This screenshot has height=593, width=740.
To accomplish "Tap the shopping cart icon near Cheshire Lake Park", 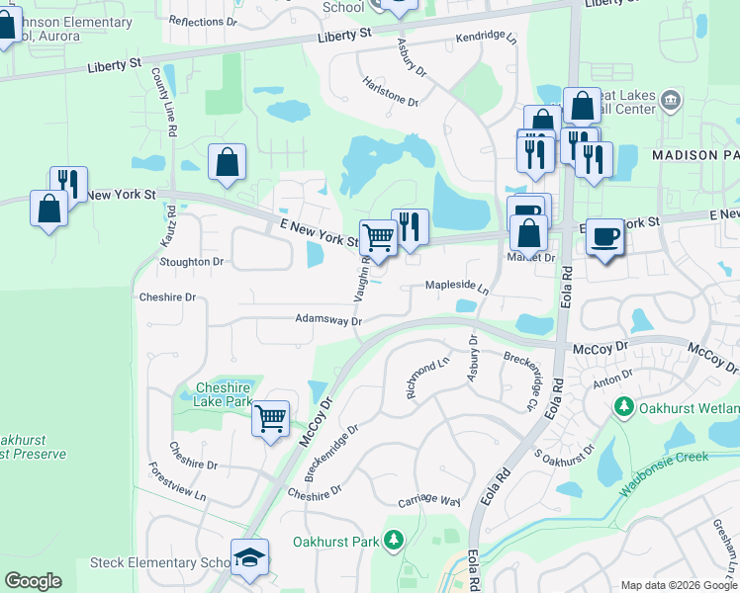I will click(x=270, y=418).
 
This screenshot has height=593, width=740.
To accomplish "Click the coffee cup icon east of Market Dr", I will click(x=605, y=237).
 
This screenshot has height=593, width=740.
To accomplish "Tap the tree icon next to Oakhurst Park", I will click(x=394, y=540).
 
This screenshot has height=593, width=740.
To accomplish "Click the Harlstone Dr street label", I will click(x=390, y=92).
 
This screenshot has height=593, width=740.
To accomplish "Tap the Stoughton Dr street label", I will click(x=191, y=262).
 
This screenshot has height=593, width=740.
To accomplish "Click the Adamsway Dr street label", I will click(x=328, y=319).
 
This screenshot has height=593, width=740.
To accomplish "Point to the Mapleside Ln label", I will click(x=457, y=286).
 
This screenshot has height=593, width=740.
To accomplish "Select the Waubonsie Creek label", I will click(x=665, y=472).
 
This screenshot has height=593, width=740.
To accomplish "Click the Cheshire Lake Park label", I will click(x=224, y=394).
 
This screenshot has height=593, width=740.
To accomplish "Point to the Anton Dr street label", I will click(x=613, y=380).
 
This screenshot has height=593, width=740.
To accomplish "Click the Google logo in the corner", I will click(x=33, y=581).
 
